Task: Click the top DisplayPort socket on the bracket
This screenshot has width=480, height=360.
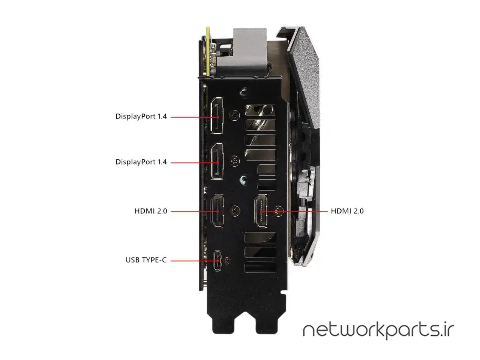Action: (217, 115)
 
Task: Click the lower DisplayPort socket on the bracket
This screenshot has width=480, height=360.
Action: (217, 161)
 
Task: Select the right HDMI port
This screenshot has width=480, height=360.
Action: (261, 211)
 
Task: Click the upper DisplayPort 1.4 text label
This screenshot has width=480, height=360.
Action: (141, 116)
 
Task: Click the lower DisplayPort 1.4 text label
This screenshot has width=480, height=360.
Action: (141, 162)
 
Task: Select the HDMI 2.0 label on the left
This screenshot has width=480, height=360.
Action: (151, 211)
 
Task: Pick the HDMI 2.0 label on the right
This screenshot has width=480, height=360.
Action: (347, 211)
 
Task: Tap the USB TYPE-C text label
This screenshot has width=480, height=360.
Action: (146, 260)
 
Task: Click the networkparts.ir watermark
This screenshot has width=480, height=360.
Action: (378, 330)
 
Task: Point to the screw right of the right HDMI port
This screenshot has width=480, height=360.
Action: (278, 211)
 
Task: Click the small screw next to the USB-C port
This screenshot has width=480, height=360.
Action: (227, 260)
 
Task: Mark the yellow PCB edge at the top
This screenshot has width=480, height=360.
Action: (207, 51)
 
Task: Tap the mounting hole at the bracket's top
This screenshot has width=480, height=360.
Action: (244, 91)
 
